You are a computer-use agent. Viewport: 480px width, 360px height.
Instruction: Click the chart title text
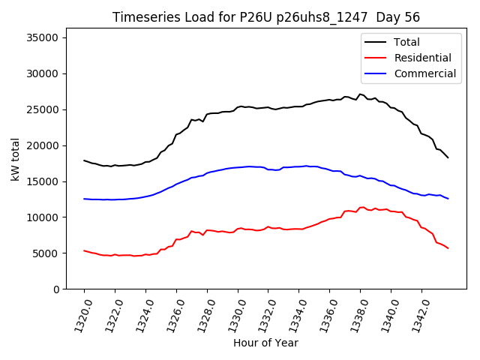coord(266,17)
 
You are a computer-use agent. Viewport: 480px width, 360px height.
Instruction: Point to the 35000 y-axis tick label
coord(43,38)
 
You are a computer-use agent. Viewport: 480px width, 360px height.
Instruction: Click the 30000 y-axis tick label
coord(43,73)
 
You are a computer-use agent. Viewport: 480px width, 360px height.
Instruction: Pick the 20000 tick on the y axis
coord(43,145)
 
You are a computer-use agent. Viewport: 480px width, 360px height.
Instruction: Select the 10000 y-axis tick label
coord(43,217)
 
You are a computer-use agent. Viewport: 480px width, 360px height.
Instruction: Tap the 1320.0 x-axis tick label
coord(79,313)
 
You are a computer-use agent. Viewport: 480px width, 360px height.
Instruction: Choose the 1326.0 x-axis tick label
coord(172,313)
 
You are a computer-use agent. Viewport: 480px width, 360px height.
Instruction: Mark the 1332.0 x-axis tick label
coord(264,313)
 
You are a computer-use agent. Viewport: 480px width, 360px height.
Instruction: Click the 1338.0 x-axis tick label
coord(355,313)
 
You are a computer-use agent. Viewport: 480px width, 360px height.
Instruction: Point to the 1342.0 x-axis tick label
coord(417,313)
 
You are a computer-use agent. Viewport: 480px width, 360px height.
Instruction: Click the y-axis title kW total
coord(15,163)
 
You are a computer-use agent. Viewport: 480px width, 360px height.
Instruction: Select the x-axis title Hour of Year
coord(265,343)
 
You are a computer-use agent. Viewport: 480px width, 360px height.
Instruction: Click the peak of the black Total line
coord(360,94)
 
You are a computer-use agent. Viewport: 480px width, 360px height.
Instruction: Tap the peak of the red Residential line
coord(362,207)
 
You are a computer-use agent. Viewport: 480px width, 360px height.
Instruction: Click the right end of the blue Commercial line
coord(448,199)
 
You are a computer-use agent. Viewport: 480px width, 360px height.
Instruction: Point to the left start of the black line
coord(84,160)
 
